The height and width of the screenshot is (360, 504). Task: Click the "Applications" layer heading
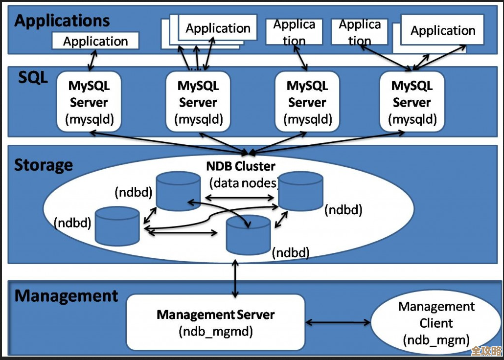[62, 21]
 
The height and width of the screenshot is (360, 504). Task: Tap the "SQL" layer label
[33, 77]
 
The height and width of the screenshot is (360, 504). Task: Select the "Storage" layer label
[44, 165]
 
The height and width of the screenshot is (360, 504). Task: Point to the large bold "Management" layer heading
[67, 296]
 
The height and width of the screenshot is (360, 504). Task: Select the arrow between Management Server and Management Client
[338, 322]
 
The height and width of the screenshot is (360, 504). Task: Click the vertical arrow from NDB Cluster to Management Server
[235, 278]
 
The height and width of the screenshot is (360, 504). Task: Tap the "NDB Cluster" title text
[241, 166]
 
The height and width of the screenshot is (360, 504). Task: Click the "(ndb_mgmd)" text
[216, 331]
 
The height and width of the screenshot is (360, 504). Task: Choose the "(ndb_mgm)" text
[436, 340]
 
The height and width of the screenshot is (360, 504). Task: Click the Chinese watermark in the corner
[487, 351]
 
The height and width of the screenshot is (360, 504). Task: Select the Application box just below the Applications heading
[95, 41]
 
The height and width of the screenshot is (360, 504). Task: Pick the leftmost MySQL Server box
[89, 101]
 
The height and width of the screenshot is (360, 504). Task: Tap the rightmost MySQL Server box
[412, 101]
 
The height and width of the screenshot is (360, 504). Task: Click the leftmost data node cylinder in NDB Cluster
[117, 226]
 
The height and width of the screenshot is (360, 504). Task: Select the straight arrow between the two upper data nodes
[239, 198]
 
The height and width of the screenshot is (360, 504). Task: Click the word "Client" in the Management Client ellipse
[436, 323]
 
